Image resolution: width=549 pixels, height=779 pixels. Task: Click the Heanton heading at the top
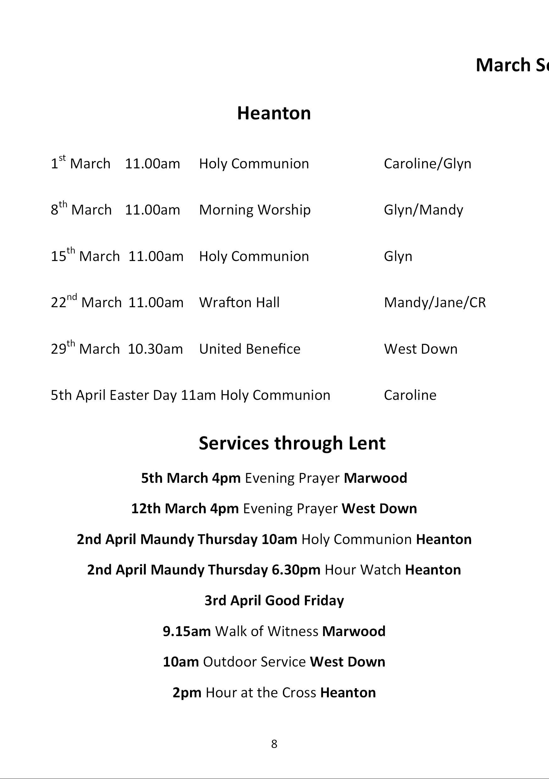pos(274,113)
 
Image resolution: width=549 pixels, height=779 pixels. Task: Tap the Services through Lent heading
pos(292,443)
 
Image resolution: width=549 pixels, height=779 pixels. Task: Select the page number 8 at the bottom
pos(274,744)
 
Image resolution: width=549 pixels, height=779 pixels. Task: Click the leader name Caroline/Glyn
pos(427,164)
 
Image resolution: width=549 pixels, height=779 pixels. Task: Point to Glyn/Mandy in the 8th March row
pos(423,210)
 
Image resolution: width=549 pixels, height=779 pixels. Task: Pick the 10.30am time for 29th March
pos(155,349)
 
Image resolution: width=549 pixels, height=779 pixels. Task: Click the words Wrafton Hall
pos(239,302)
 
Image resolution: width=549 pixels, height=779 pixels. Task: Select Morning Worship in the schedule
pos(254,210)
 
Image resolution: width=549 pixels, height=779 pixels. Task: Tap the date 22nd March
pos(86,302)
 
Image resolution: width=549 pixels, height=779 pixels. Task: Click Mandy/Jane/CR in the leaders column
pos(435,302)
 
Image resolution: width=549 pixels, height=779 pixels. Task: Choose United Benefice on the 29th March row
pos(249,349)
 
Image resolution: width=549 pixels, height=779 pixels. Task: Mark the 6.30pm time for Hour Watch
pos(296,570)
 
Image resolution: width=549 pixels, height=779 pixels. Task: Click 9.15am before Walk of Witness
pos(187,631)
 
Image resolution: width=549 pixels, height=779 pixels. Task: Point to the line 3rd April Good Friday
pos(274,601)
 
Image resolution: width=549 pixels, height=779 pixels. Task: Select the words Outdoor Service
pos(254,662)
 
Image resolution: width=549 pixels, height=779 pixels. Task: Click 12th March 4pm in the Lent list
pos(185,509)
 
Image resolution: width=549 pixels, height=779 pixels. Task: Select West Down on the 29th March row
pos(421,349)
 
